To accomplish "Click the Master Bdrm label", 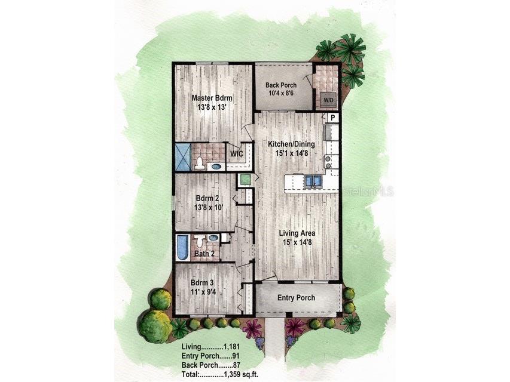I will (x=212, y=98).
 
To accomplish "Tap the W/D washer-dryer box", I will (x=328, y=100).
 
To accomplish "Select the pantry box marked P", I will (x=332, y=118).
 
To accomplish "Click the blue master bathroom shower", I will (x=183, y=156).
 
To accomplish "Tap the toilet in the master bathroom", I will (x=200, y=163).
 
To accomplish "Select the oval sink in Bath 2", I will (x=213, y=238).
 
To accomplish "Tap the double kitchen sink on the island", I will (x=313, y=180).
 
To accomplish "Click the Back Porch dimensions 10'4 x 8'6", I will (x=280, y=94).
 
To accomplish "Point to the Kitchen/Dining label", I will (x=292, y=144).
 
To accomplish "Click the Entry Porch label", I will (x=296, y=298).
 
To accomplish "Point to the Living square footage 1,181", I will (x=234, y=347).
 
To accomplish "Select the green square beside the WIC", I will (x=245, y=179).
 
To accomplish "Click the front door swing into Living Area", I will (x=267, y=276).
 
